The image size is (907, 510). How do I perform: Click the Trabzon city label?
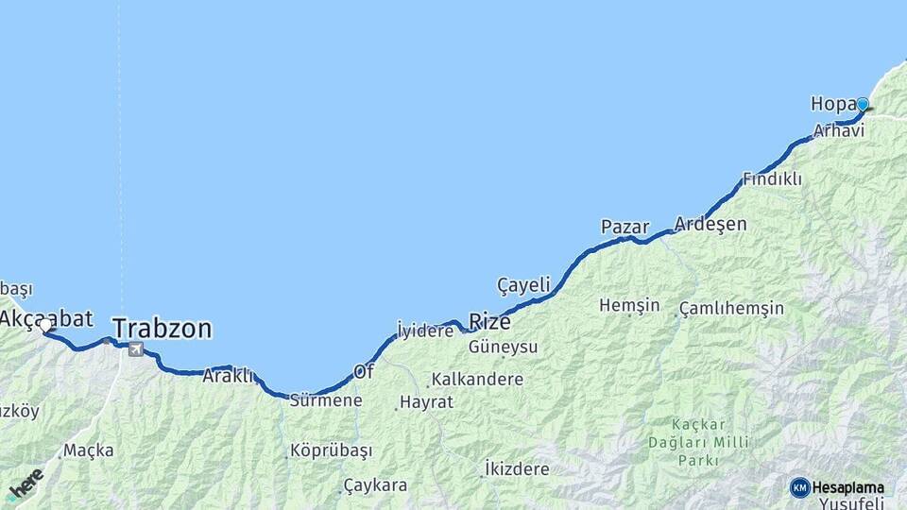tap(162, 329)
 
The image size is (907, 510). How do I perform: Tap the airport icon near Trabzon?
tap(137, 349)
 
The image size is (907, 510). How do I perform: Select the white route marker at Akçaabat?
tap(45, 325)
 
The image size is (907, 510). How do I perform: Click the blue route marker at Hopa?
tap(862, 104)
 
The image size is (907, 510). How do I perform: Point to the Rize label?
tap(489, 321)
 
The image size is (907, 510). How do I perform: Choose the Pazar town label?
tap(625, 227)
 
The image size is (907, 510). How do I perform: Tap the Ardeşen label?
tap(710, 225)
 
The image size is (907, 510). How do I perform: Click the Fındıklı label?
tap(772, 178)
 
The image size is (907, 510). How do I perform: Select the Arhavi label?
tap(838, 130)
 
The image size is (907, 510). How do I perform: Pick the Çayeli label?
tap(523, 284)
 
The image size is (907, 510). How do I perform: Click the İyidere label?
tap(425, 331)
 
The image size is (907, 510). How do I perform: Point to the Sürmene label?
tap(325, 400)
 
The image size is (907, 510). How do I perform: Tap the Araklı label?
tap(228, 376)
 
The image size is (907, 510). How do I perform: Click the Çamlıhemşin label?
tap(731, 309)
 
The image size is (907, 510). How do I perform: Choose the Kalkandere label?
tap(477, 380)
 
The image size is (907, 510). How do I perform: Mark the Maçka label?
tap(89, 450)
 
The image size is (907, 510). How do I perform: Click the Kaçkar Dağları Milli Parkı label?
tap(711, 441)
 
